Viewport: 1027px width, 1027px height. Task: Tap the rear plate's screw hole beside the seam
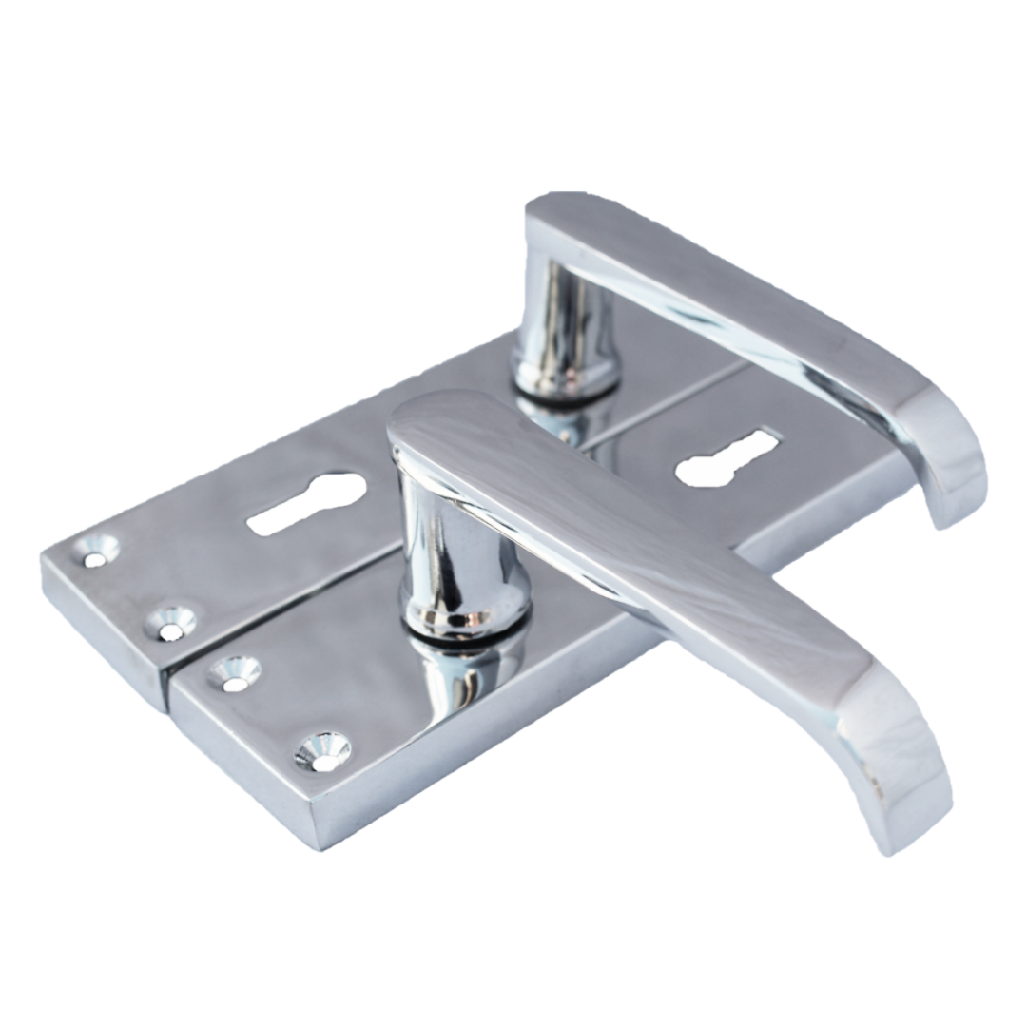pos(171,624)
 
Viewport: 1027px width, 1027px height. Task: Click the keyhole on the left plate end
pos(307,502)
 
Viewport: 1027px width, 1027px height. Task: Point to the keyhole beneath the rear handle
pos(727,458)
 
